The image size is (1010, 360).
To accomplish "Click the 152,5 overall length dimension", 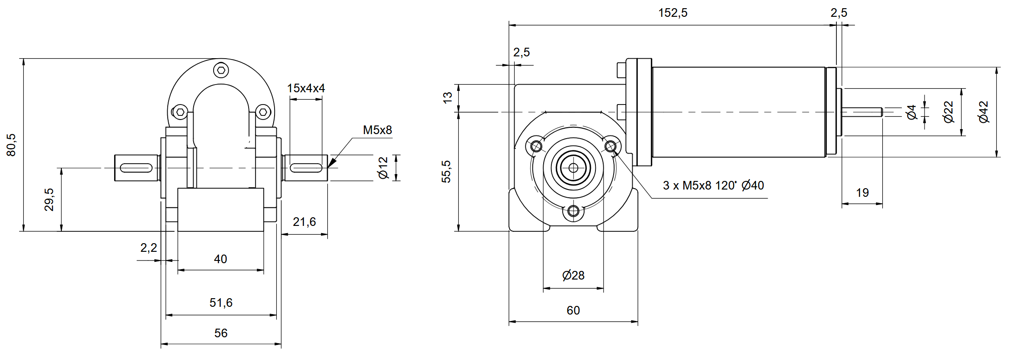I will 673,13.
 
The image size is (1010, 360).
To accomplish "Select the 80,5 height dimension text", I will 11,145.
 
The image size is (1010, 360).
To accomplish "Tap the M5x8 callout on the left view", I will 377,130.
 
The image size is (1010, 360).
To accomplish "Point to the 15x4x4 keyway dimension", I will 306,88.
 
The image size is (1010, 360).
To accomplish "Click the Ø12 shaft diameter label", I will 384,168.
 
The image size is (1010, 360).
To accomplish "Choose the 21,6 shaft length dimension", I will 304,222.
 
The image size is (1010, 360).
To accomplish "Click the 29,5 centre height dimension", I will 49,200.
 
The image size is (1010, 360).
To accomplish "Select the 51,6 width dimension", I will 221,303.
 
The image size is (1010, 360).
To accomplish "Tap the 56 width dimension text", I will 221,333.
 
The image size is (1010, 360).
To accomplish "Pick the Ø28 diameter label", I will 573,275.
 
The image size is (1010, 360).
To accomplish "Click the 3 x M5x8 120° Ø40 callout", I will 713,185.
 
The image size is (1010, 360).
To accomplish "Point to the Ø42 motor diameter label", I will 983,112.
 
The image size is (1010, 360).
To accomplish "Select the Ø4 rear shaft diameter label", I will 911,112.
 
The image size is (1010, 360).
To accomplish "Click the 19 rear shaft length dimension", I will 862,193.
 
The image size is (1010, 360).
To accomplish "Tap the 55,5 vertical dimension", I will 446,171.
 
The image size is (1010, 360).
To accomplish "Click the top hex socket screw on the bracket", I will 221,70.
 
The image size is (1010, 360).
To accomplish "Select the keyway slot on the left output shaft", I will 136,168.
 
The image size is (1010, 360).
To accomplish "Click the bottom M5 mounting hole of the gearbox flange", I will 573,211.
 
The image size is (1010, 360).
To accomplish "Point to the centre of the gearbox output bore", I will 573,168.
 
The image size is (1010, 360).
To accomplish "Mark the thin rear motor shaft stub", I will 862,112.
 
